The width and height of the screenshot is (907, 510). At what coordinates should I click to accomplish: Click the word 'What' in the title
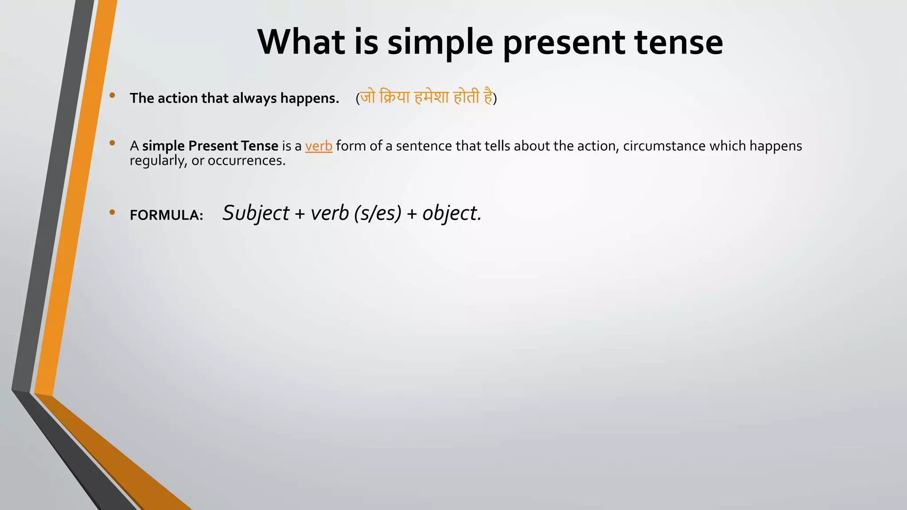[301, 42]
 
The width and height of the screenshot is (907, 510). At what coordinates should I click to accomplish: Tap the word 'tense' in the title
[678, 42]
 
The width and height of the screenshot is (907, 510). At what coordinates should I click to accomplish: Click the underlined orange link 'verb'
[318, 146]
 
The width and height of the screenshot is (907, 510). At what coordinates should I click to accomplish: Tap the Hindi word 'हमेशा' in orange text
[431, 97]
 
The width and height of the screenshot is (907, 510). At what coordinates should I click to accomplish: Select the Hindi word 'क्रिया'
[395, 97]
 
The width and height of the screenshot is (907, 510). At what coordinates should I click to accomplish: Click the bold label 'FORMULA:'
[167, 215]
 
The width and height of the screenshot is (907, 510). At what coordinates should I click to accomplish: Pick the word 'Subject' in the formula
[256, 213]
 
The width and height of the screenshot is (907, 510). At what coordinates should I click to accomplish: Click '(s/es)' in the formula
[378, 213]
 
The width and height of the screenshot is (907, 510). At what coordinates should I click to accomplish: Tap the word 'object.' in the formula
[452, 213]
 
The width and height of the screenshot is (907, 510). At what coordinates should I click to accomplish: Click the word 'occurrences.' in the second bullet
[247, 161]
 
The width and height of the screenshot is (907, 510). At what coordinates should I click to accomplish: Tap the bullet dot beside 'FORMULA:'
[112, 212]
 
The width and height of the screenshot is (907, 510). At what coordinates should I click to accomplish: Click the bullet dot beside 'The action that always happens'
[112, 95]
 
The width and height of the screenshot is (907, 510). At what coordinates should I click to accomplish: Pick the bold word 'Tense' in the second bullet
[260, 146]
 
